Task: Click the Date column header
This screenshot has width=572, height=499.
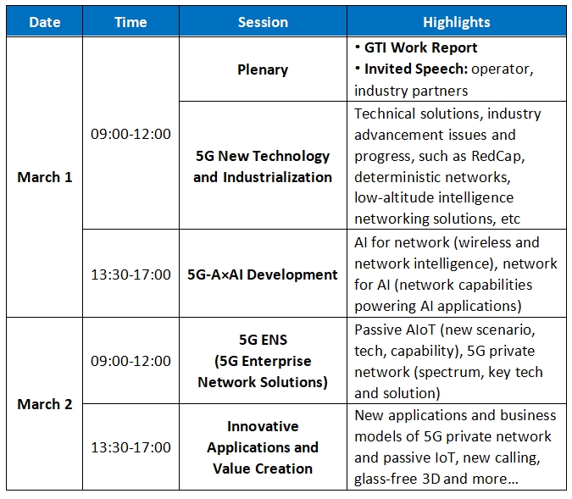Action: pos(45,22)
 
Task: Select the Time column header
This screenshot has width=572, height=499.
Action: pos(131,22)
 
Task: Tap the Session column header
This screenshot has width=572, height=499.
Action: pos(263,22)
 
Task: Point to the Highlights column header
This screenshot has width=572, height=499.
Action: pos(457,22)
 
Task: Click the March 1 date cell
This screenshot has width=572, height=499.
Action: pos(45,177)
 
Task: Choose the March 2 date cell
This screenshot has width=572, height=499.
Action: pos(45,404)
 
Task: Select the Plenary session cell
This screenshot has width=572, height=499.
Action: pos(263,69)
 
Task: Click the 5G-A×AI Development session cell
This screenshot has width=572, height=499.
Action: pos(263,274)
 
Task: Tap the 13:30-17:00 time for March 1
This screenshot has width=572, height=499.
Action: pos(131,274)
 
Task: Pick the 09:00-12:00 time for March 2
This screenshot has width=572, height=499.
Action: pos(131,361)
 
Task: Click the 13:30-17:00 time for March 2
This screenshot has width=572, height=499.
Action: pos(131,447)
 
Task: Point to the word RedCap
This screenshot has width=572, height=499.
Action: pos(498,156)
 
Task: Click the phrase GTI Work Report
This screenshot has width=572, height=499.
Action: pos(420,47)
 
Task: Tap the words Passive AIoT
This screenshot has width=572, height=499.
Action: pos(395,330)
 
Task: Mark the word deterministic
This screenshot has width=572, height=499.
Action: pos(397,177)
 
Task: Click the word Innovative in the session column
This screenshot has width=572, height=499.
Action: pos(263,426)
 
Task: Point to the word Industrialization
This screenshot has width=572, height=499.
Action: pos(278,177)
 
